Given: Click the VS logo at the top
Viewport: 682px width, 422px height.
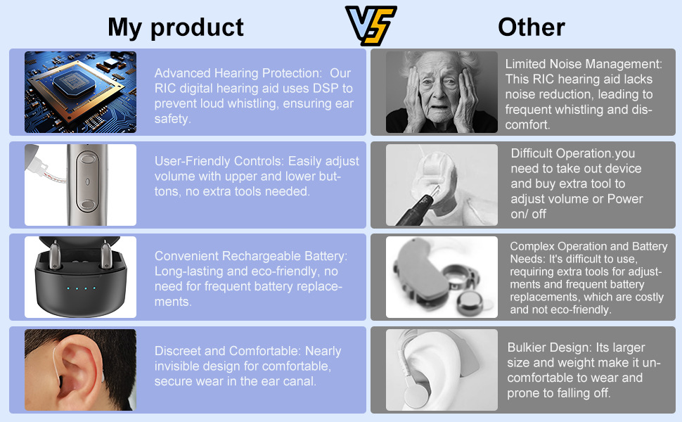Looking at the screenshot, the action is tap(371, 25).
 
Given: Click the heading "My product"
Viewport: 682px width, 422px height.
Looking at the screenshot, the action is tap(175, 27).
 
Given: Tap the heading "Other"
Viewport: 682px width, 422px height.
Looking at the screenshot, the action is tap(531, 27).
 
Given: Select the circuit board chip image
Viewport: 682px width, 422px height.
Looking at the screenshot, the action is tap(80, 92).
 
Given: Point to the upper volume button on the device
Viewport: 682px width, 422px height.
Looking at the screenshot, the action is tap(87, 158).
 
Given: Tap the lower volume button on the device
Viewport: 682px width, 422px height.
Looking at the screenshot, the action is tap(87, 205).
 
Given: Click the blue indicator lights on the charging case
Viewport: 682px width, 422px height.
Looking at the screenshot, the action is tap(81, 288).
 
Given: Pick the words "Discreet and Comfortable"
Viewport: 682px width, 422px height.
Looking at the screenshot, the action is tap(226, 351).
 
